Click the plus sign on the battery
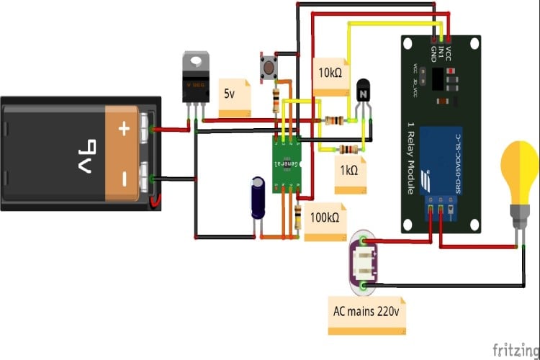124,130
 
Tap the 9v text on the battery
80,154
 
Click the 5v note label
232,94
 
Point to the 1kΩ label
348,171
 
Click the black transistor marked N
363,94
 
